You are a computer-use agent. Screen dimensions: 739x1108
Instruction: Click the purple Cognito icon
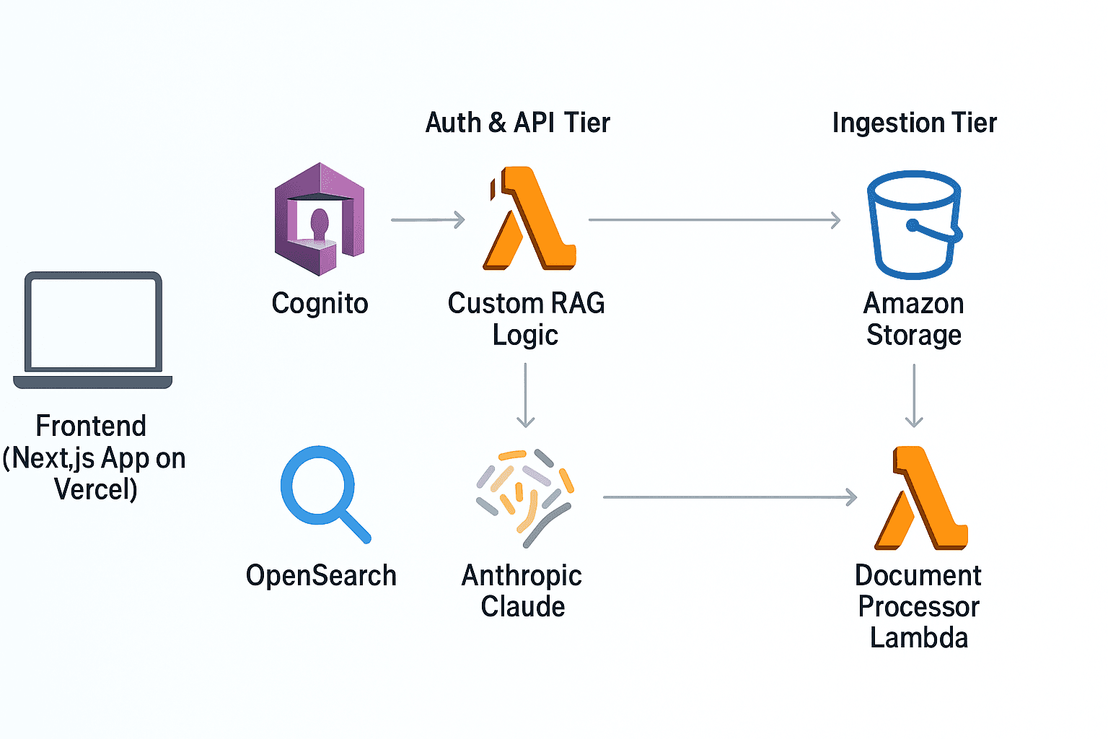(320, 219)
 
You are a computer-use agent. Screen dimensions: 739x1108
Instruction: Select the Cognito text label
(320, 304)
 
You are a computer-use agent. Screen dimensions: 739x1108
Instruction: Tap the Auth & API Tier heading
(517, 123)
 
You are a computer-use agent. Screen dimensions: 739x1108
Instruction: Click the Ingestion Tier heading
(914, 123)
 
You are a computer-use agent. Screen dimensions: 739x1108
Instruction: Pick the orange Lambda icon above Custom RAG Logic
(529, 219)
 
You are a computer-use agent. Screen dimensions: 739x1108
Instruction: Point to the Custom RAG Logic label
(526, 319)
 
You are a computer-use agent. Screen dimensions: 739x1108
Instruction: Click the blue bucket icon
(914, 224)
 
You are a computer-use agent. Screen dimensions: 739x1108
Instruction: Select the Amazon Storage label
(914, 319)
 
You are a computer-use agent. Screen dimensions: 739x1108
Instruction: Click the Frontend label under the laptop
(93, 458)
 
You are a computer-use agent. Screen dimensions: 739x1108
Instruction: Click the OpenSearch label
(321, 576)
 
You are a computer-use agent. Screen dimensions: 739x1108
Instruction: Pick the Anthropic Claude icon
(524, 497)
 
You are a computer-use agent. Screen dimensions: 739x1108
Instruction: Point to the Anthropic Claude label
(522, 591)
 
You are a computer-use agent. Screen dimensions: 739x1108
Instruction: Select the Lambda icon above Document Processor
(920, 498)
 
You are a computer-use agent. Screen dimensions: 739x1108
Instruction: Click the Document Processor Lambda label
(918, 606)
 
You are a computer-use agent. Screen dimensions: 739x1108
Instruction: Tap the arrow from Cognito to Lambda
(428, 219)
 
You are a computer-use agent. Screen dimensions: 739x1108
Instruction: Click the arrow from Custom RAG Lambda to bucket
(714, 220)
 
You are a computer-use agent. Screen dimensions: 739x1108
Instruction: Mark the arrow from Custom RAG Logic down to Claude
(526, 395)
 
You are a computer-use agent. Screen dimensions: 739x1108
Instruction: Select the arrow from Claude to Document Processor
(729, 497)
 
